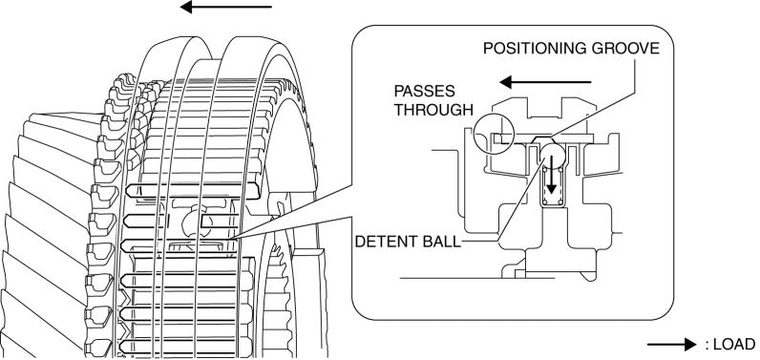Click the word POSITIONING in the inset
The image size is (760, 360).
(534, 49)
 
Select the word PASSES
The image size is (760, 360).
(424, 91)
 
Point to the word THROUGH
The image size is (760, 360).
(433, 110)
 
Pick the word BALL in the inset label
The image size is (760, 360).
(441, 242)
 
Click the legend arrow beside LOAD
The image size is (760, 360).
(672, 345)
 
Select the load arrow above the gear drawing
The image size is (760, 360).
(226, 7)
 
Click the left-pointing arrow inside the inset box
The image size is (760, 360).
(545, 82)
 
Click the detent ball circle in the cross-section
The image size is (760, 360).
(552, 156)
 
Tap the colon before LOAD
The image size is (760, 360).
(707, 346)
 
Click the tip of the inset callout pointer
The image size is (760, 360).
(232, 238)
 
